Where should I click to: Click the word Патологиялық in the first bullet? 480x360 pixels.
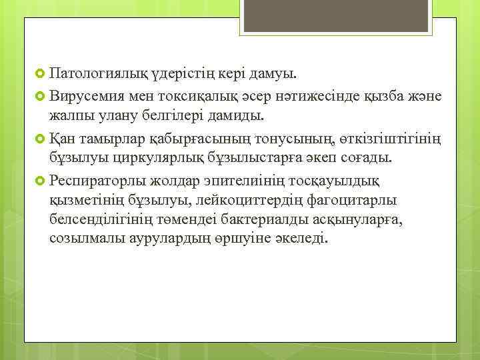coord(90,71)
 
